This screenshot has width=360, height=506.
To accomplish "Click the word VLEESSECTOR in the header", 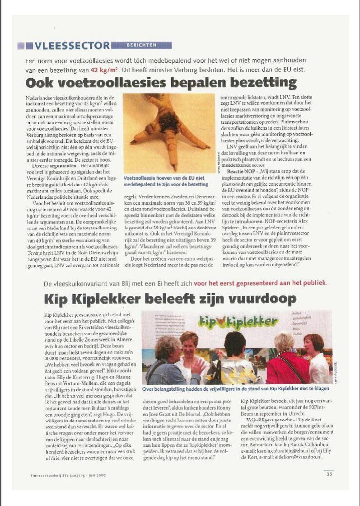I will pos(72,46).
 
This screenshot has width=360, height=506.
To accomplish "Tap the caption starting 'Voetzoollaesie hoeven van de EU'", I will pos(168,181).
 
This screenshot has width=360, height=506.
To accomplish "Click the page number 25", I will pos(329,474).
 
